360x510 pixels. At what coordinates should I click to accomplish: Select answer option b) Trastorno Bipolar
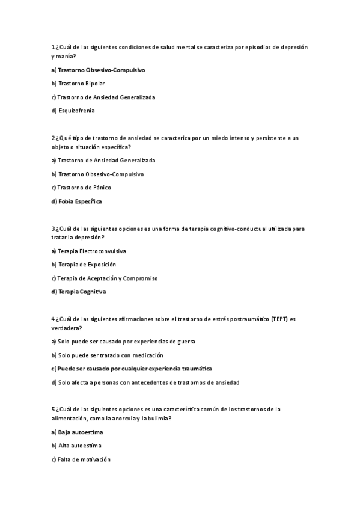[x=81, y=83]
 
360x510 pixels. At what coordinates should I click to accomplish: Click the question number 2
[x=53, y=138]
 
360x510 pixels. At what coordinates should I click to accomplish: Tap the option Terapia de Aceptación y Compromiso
[x=108, y=278]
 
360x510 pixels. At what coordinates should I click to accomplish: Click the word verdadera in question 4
[x=66, y=328]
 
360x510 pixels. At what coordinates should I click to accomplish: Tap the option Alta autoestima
[x=79, y=446]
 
